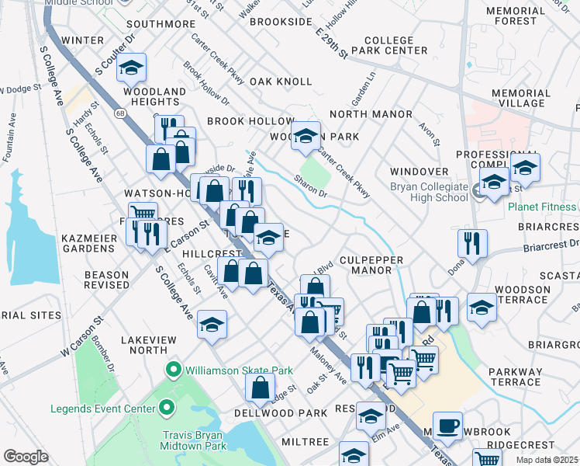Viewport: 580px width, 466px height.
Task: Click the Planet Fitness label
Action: click(542, 207)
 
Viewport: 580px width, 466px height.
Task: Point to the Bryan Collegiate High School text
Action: click(430, 193)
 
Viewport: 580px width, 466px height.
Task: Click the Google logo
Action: click(26, 457)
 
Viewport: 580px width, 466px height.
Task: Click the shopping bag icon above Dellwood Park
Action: click(261, 386)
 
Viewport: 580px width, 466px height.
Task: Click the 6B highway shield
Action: click(120, 113)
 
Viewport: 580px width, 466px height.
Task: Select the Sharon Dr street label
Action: click(310, 185)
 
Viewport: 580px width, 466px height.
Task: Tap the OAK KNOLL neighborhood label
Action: click(281, 82)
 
